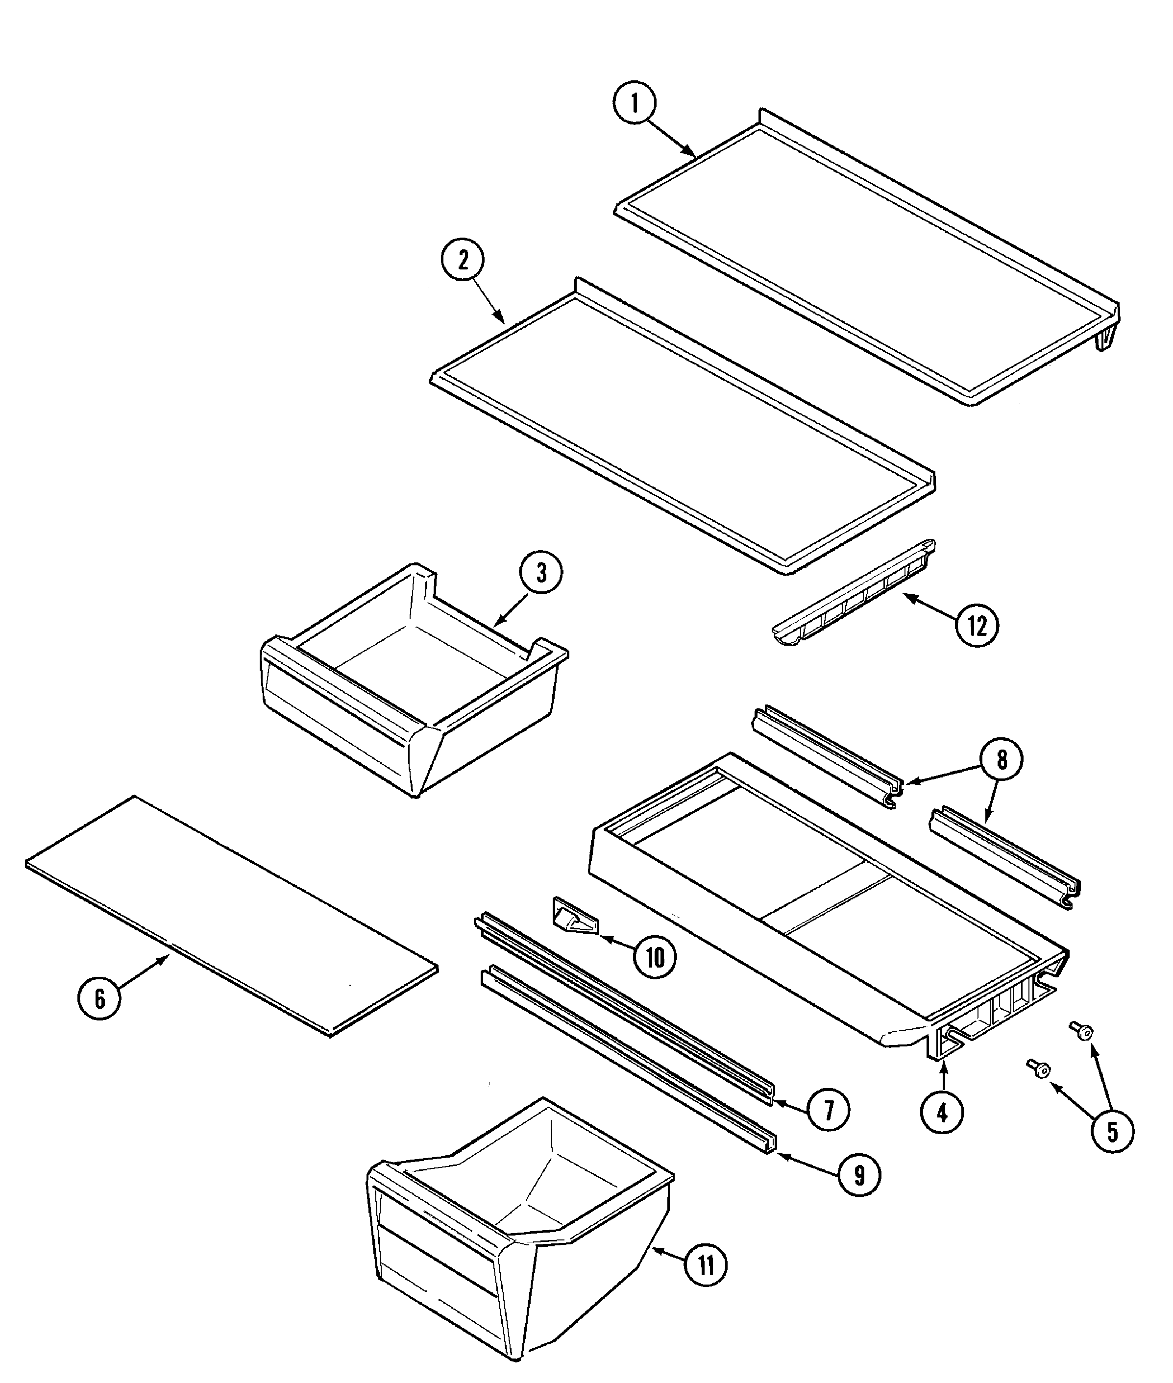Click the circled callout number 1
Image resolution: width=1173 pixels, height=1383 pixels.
pyautogui.click(x=634, y=104)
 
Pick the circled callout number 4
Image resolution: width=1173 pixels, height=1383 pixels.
pyautogui.click(x=942, y=1111)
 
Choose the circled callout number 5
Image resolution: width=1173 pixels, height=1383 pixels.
pyautogui.click(x=1112, y=1131)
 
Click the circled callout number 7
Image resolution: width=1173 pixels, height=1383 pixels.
pyautogui.click(x=828, y=1109)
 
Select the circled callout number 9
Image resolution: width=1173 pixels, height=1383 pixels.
pyautogui.click(x=859, y=1176)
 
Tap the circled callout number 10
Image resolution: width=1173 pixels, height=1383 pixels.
pyautogui.click(x=655, y=958)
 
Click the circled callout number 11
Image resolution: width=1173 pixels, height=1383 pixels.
pyautogui.click(x=706, y=1266)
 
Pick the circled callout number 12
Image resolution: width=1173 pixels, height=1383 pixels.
pyautogui.click(x=977, y=625)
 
